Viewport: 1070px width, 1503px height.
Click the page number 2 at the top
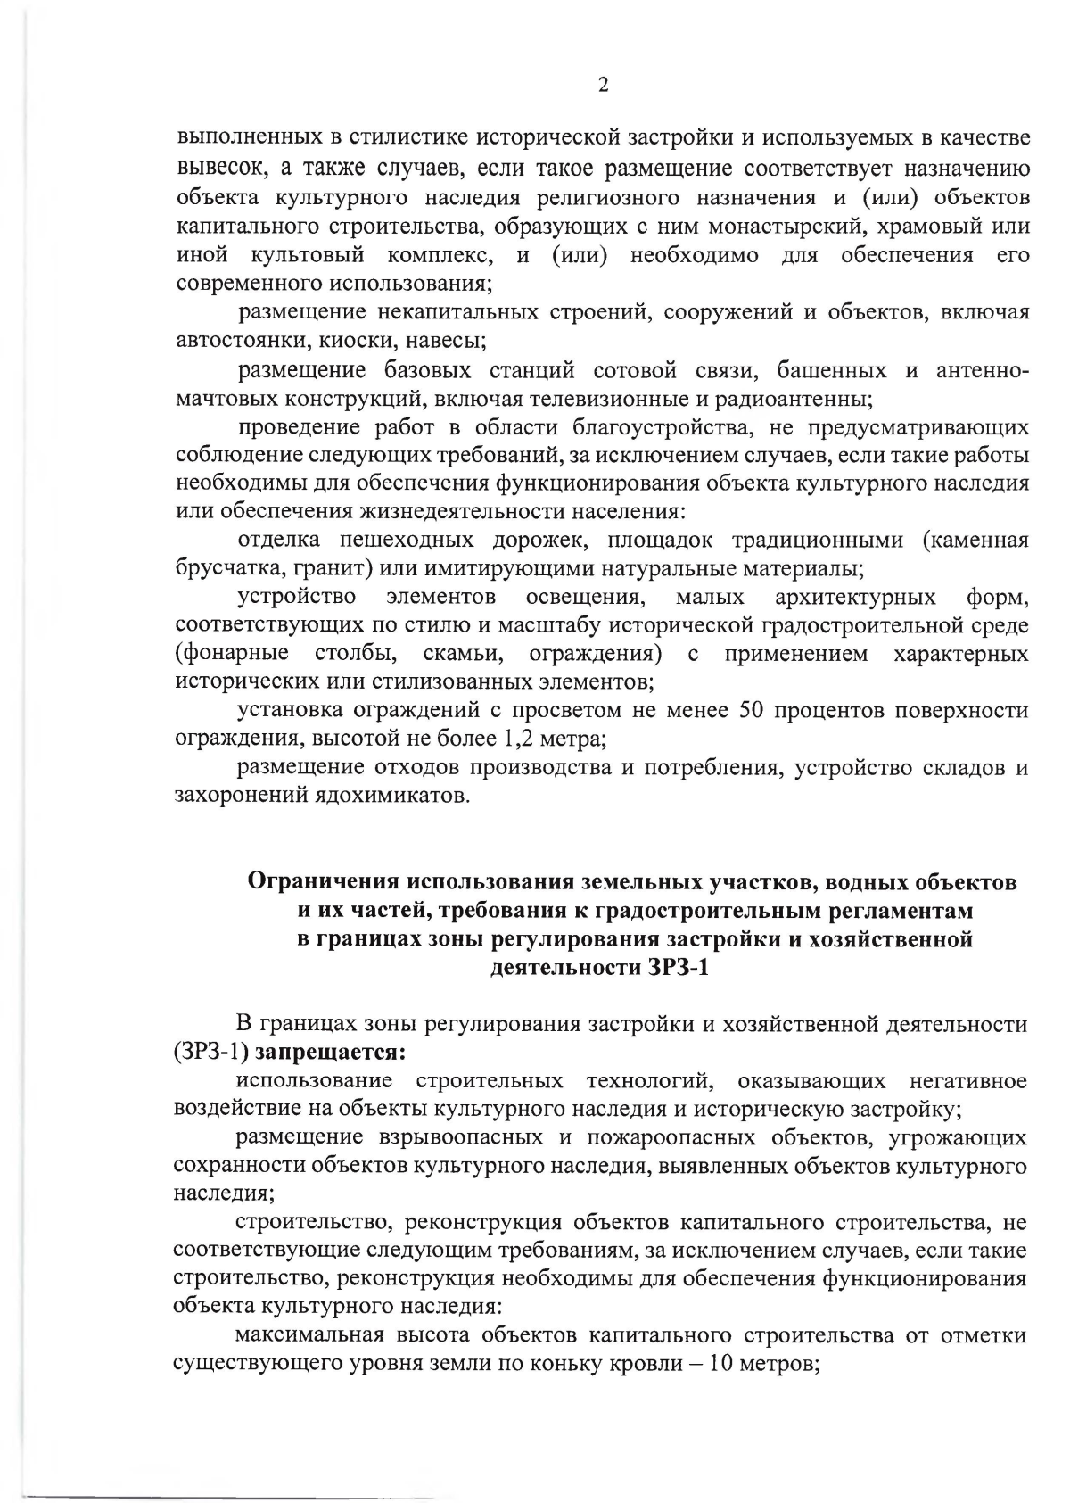point(603,86)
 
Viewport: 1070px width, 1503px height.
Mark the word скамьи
point(463,654)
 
